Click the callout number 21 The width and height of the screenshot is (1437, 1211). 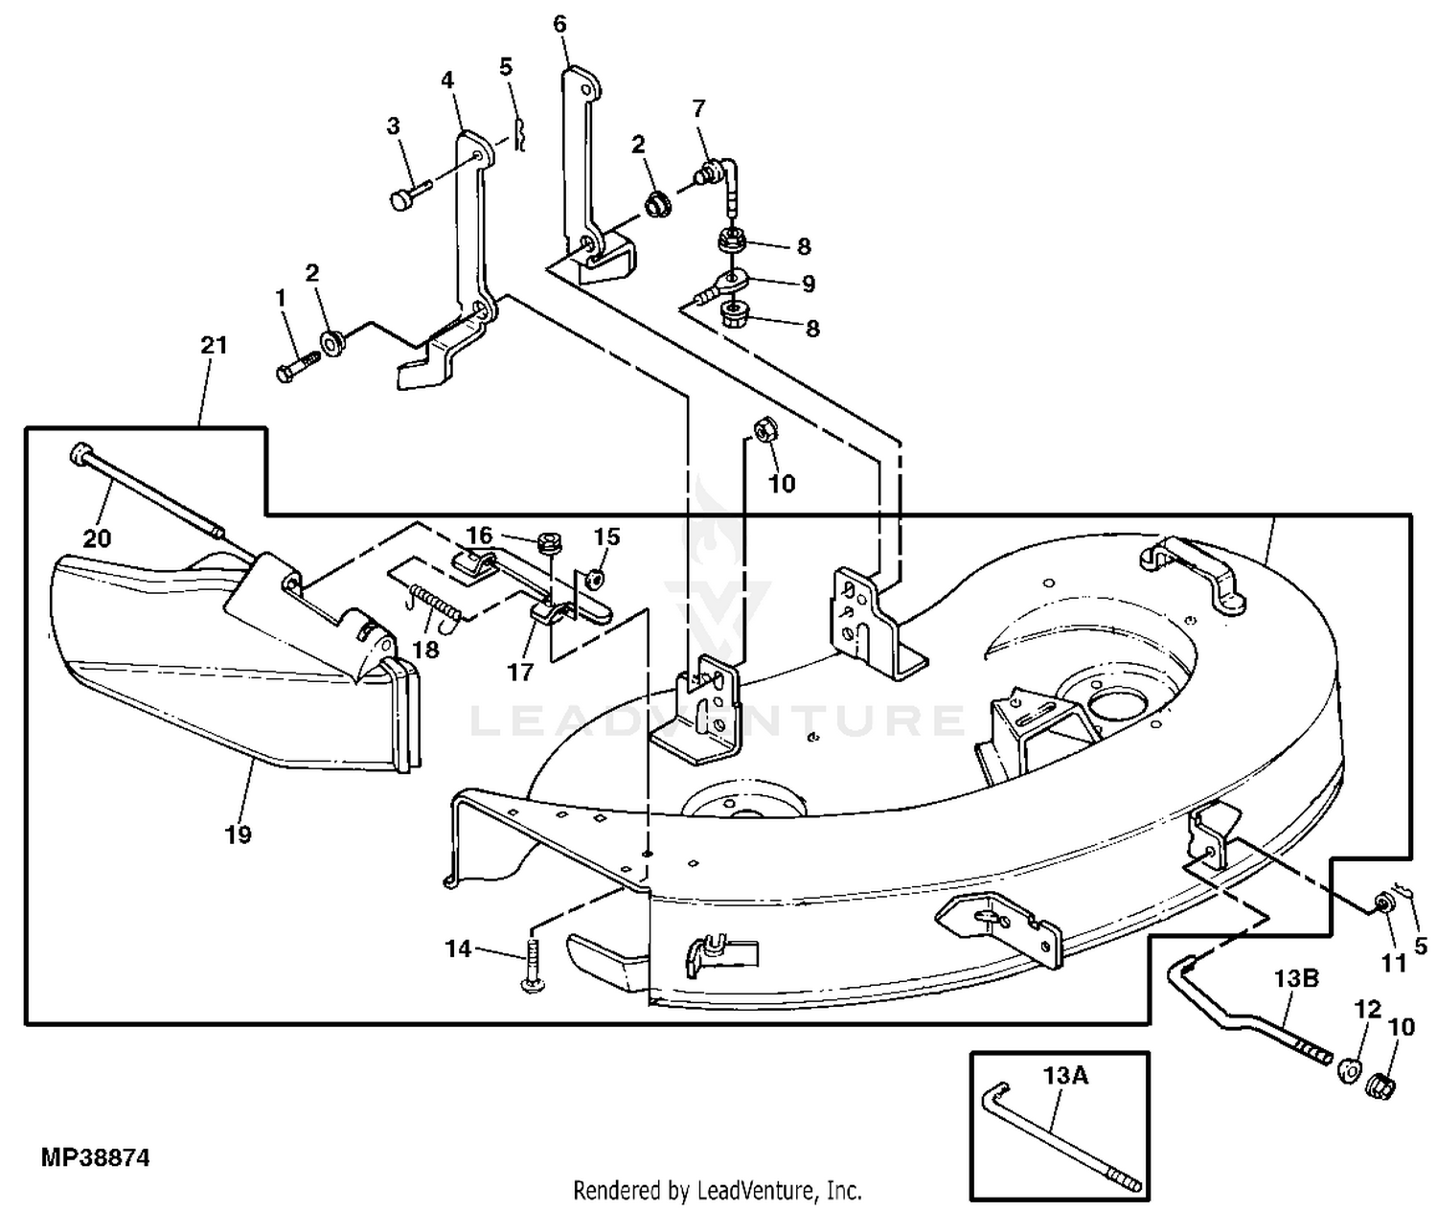[213, 345]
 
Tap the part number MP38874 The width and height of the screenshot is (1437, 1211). [95, 1157]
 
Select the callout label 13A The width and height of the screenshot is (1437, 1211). [1065, 1076]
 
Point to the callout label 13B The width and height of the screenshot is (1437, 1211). [1296, 978]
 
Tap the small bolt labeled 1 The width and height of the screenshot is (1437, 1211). [293, 369]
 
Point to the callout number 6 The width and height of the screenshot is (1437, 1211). [559, 25]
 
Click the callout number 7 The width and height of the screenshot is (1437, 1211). [698, 108]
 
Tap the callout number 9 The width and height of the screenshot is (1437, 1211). [808, 284]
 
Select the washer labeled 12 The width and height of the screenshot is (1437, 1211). [1346, 1069]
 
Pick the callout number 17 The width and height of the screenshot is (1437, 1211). [520, 672]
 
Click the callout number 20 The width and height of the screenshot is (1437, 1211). [97, 538]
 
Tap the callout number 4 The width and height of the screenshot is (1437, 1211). [447, 80]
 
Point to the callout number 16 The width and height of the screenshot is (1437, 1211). [479, 535]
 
